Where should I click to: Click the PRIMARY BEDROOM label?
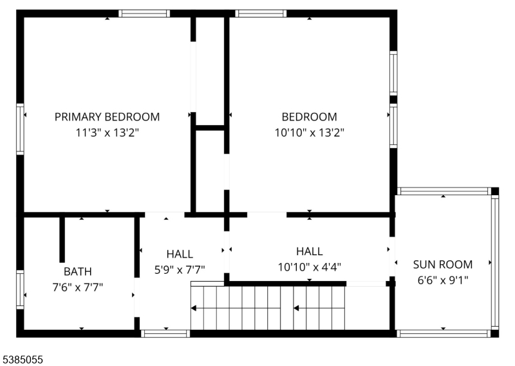(x=107, y=117)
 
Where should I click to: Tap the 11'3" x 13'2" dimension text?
(x=107, y=133)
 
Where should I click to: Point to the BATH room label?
(x=77, y=272)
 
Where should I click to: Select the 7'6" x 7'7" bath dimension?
(x=77, y=287)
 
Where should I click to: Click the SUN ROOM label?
(x=443, y=264)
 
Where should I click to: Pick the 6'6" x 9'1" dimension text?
(x=443, y=280)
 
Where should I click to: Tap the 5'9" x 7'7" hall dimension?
(x=180, y=270)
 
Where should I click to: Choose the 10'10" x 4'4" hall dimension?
(x=310, y=267)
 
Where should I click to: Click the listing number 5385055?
(x=22, y=360)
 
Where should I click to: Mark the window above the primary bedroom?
(x=144, y=14)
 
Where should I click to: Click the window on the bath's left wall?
(x=21, y=289)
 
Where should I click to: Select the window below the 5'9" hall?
(x=165, y=333)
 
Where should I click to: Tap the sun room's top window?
(x=444, y=191)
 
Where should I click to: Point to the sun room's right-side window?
(x=495, y=262)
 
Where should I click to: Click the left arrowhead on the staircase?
(x=194, y=308)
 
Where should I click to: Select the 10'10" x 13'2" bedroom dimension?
(x=310, y=133)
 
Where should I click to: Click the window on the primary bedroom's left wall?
(x=21, y=129)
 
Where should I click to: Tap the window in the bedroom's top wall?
(x=261, y=14)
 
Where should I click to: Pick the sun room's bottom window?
(x=444, y=333)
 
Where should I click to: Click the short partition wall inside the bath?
(x=62, y=240)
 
